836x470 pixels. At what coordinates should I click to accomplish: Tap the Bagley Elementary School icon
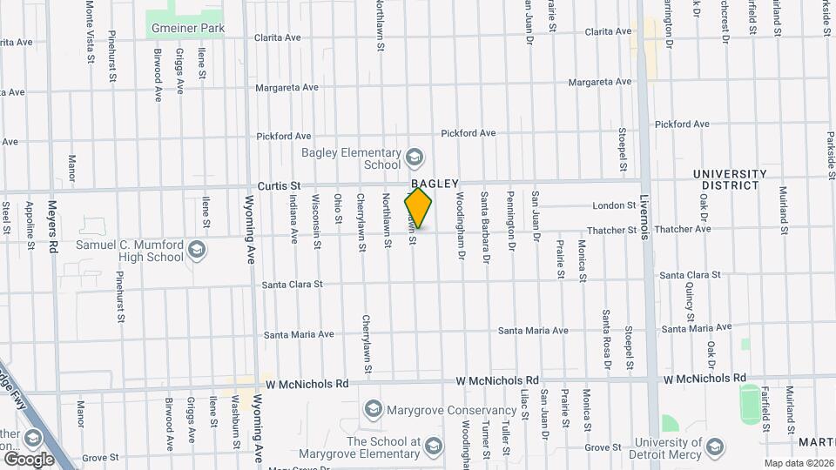coord(414,158)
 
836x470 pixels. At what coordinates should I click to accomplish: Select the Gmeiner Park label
coord(188,28)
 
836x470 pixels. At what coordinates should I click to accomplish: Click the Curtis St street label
coord(279,185)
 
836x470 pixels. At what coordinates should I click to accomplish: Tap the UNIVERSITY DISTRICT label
coord(730,179)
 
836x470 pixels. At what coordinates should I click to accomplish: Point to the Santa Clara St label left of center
coord(293,285)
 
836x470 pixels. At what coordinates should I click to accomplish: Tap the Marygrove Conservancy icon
coord(373,409)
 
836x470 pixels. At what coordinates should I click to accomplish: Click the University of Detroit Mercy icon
coord(714,447)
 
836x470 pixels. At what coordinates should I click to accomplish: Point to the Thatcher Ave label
coord(685,230)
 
